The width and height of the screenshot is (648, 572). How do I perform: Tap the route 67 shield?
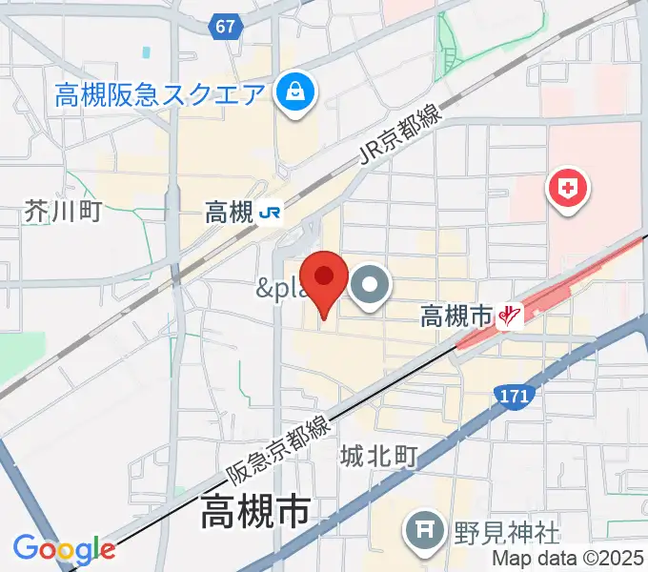click(225, 27)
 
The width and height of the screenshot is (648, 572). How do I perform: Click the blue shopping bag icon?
click(289, 92)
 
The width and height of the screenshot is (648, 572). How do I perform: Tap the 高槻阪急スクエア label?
click(158, 94)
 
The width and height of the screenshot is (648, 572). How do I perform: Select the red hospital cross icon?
click(567, 189)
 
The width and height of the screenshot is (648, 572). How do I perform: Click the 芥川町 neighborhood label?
click(63, 212)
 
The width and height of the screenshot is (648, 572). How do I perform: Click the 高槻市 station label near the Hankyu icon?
click(456, 316)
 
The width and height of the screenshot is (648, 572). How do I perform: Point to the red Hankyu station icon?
click(512, 316)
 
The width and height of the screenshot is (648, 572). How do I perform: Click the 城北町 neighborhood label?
click(379, 458)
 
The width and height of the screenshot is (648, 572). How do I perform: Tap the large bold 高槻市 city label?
click(255, 515)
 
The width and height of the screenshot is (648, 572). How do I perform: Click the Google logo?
click(64, 549)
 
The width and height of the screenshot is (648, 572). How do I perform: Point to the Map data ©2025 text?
click(568, 559)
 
